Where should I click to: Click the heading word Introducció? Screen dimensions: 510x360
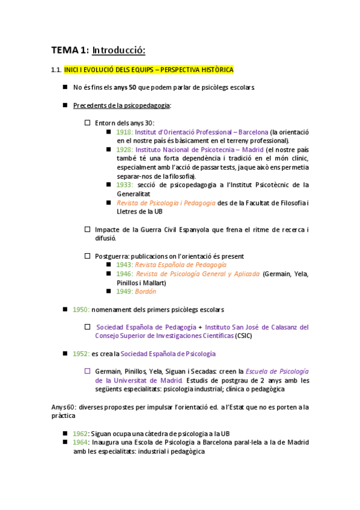click(119, 50)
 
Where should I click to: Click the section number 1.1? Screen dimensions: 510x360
click(56, 70)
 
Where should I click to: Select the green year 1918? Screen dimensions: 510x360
click(124, 132)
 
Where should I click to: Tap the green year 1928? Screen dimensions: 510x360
click(124, 149)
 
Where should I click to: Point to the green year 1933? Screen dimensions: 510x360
click(124, 185)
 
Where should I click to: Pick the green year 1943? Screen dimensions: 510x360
click(124, 265)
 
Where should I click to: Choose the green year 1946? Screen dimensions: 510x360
click(124, 274)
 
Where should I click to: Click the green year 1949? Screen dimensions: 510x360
click(124, 291)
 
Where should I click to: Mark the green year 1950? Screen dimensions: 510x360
click(81, 309)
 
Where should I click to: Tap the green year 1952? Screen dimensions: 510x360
click(81, 354)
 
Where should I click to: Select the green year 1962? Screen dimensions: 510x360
click(81, 434)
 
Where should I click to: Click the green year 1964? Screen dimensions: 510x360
click(81, 443)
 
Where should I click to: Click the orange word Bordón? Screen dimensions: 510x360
click(146, 291)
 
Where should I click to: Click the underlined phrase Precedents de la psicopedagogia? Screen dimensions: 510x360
click(121, 105)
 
